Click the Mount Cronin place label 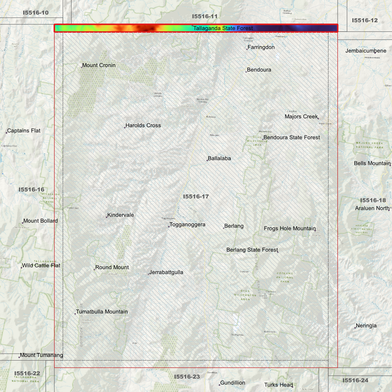[x=98, y=65]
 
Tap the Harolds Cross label [x=143, y=126]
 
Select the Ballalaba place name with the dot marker [x=219, y=158]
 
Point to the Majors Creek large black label [x=301, y=117]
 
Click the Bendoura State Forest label [x=292, y=138]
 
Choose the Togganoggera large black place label [x=187, y=225]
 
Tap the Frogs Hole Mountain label [x=290, y=228]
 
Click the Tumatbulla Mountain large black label [x=102, y=312]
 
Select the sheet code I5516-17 [x=196, y=196]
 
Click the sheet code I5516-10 [x=36, y=13]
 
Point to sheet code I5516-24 [x=355, y=380]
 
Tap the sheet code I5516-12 [x=365, y=20]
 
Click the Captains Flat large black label [x=24, y=131]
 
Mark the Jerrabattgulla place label [x=166, y=272]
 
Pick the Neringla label [x=366, y=326]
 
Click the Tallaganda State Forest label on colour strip [x=223, y=28]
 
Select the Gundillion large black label [x=232, y=383]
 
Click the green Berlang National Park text [x=285, y=277]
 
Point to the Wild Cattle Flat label [x=41, y=266]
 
